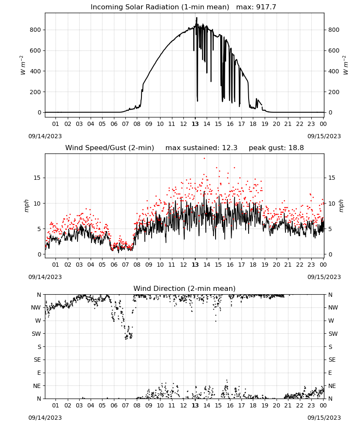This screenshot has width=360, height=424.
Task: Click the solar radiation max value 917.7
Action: point(266,7)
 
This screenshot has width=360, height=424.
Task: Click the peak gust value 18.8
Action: point(296,148)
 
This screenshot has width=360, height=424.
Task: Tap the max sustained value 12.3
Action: point(230,148)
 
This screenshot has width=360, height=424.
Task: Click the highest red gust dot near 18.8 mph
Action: point(205,159)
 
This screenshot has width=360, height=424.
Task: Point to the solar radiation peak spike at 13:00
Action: point(197,18)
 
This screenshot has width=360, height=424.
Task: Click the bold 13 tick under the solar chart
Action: point(195,124)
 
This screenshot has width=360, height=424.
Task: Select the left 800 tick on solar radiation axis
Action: point(36,30)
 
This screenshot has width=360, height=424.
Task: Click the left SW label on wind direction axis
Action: point(36,334)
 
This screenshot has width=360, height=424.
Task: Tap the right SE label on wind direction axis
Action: point(332,360)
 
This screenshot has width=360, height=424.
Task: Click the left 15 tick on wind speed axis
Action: point(37,178)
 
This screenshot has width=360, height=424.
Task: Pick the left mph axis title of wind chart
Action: point(26,206)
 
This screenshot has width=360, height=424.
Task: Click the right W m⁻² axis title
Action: point(346,65)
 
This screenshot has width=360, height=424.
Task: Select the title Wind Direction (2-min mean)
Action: point(185,288)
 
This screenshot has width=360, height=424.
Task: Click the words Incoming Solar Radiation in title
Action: point(135,7)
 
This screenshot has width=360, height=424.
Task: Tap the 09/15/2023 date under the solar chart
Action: point(324,136)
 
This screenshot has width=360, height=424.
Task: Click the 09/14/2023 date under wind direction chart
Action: point(45,418)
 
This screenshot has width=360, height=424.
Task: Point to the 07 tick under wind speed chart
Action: point(125,265)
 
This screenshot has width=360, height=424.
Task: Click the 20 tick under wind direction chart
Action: point(276,405)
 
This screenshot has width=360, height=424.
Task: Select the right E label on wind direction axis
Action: point(330,373)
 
